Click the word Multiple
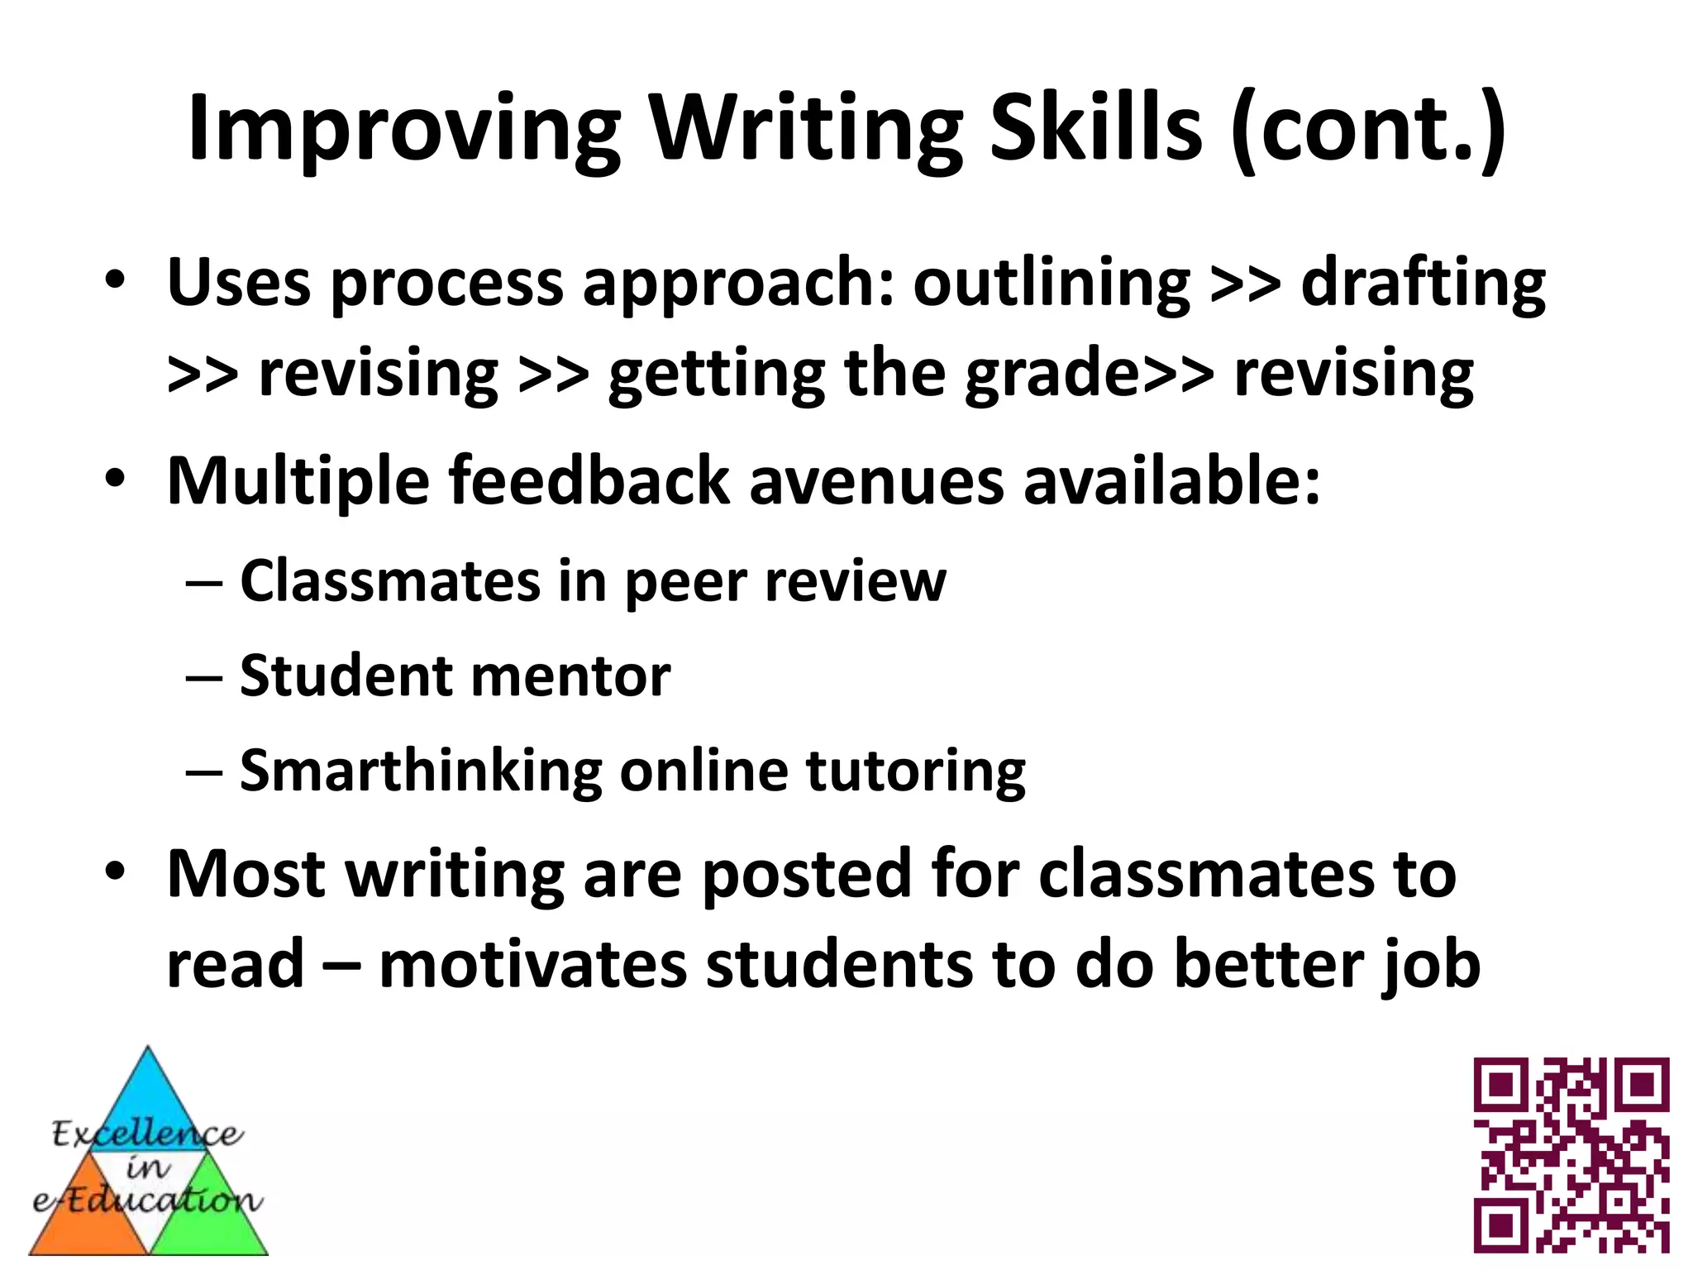[298, 482]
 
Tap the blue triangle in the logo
[147, 1096]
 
